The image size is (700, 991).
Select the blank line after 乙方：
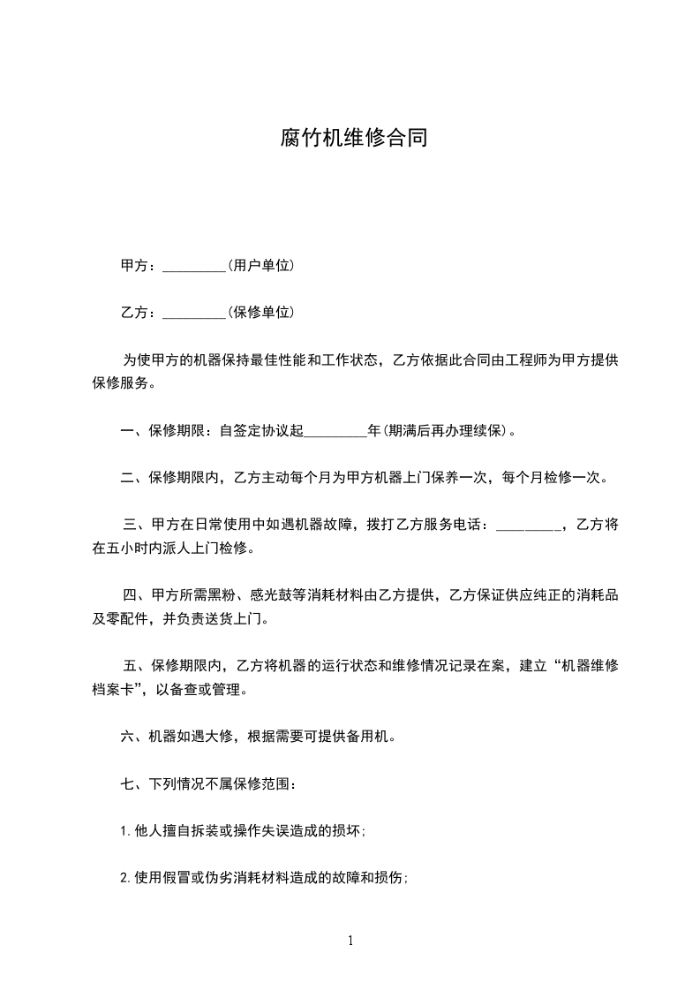(x=195, y=314)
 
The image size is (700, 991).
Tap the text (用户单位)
(x=260, y=265)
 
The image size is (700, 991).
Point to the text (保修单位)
(x=260, y=312)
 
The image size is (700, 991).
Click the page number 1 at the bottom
(x=350, y=941)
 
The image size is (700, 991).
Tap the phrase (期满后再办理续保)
(x=446, y=431)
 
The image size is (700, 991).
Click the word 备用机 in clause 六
(x=369, y=736)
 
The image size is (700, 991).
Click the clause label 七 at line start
(x=127, y=783)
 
